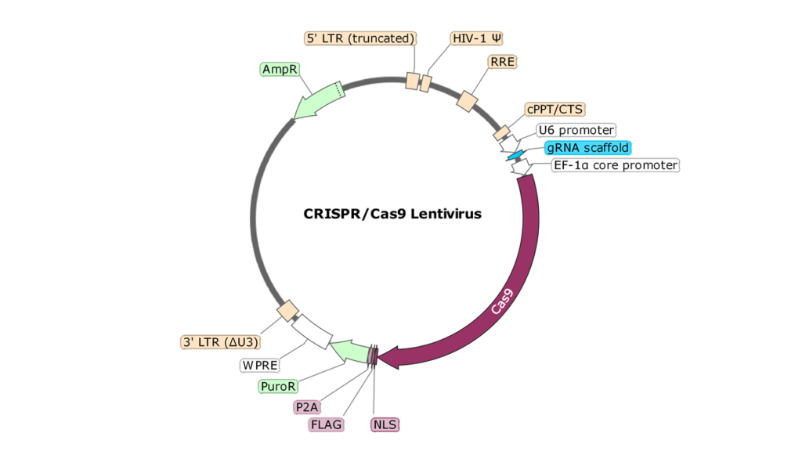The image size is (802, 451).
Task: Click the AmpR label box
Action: [280, 70]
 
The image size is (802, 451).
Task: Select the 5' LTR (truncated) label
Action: [360, 38]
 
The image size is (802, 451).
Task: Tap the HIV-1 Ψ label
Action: [477, 38]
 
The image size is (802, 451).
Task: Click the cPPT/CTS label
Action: [555, 109]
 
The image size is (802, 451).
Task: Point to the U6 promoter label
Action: [576, 130]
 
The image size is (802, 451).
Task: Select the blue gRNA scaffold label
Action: [588, 147]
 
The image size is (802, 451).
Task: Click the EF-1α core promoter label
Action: [616, 165]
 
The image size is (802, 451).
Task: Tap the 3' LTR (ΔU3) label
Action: [220, 342]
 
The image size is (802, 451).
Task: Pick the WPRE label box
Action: [260, 365]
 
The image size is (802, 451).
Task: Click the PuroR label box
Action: [279, 386]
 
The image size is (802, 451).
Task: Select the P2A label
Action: [306, 407]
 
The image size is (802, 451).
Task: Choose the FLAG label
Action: [327, 425]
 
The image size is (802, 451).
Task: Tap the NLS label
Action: [385, 425]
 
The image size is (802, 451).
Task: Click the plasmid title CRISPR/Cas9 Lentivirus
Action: [392, 213]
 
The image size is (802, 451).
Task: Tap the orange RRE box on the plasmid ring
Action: [467, 101]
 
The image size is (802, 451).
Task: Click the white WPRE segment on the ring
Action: [312, 330]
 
